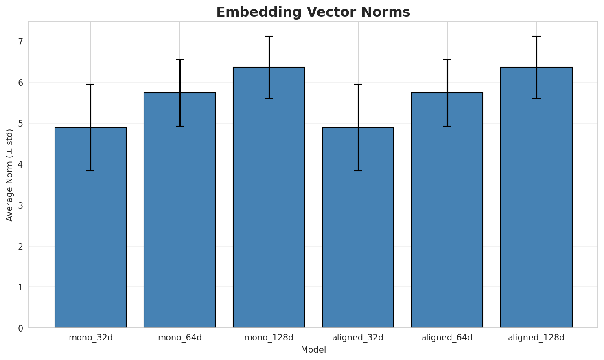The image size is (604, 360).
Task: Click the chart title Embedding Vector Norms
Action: click(x=313, y=12)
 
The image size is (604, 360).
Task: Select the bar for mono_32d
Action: click(x=90, y=227)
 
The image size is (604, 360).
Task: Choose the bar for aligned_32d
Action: click(x=358, y=227)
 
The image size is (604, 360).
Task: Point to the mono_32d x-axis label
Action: click(x=90, y=338)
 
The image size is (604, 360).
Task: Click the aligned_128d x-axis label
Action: click(x=536, y=338)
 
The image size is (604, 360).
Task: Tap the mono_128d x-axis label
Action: click(x=269, y=338)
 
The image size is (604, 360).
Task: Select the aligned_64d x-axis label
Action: click(x=447, y=338)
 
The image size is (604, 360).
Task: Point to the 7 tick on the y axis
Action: click(x=20, y=41)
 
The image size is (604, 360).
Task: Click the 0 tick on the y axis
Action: click(x=20, y=328)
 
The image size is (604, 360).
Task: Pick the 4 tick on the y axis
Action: click(x=20, y=164)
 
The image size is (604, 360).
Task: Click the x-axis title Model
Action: click(x=313, y=350)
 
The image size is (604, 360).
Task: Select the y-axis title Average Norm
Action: click(x=10, y=175)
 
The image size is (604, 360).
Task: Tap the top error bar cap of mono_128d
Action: click(x=269, y=36)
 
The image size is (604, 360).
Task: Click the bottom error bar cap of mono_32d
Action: click(x=90, y=171)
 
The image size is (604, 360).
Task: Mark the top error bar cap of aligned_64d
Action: click(x=447, y=59)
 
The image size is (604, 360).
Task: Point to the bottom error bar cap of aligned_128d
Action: click(x=536, y=98)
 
